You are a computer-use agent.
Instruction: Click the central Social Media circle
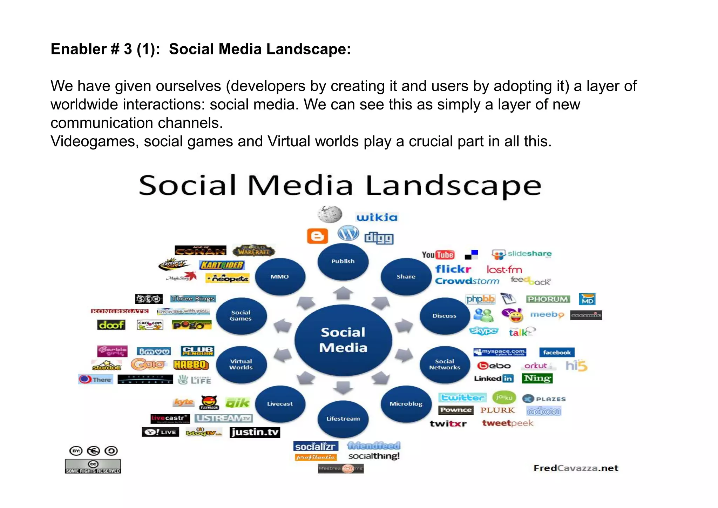pos(343,340)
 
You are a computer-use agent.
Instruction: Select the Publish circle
pos(343,261)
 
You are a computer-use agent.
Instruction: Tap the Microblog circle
pos(406,404)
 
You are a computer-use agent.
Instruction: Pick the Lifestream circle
pos(343,419)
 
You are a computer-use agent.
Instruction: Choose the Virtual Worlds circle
pos(241,364)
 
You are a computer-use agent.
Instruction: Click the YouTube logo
pos(438,255)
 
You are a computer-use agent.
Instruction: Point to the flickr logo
pos(453,269)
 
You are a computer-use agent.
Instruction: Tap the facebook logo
pos(557,352)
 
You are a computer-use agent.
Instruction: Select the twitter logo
pos(462,397)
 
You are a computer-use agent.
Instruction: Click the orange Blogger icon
pos(317,236)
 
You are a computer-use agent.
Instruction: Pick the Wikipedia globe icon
pos(330,214)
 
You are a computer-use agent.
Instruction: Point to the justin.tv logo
pos(255,432)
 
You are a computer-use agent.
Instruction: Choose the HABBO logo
pos(191,365)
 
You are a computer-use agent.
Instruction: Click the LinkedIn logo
pos(494,379)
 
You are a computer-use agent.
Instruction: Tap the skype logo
pos(483,331)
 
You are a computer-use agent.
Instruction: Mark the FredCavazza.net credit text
pos(576,468)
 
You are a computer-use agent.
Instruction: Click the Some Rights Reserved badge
pos(93,467)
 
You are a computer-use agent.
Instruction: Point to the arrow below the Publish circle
pos(343,293)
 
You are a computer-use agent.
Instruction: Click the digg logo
pos(379,238)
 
